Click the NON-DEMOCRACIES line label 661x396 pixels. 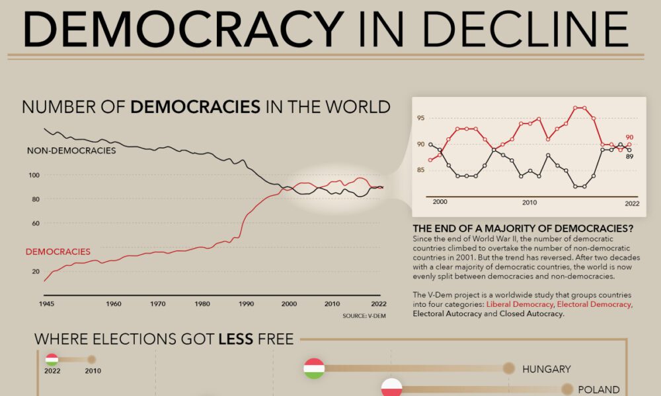click(x=71, y=150)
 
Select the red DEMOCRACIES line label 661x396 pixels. click(x=58, y=251)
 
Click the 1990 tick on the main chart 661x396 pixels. click(x=246, y=304)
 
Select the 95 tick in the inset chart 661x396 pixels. click(x=421, y=118)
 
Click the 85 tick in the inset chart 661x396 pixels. click(x=421, y=171)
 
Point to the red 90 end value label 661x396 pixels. click(x=629, y=137)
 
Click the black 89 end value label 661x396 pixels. click(x=629, y=156)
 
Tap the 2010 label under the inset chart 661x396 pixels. click(x=529, y=202)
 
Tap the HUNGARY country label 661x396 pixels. click(x=546, y=369)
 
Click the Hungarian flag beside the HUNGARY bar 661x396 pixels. click(x=314, y=368)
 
